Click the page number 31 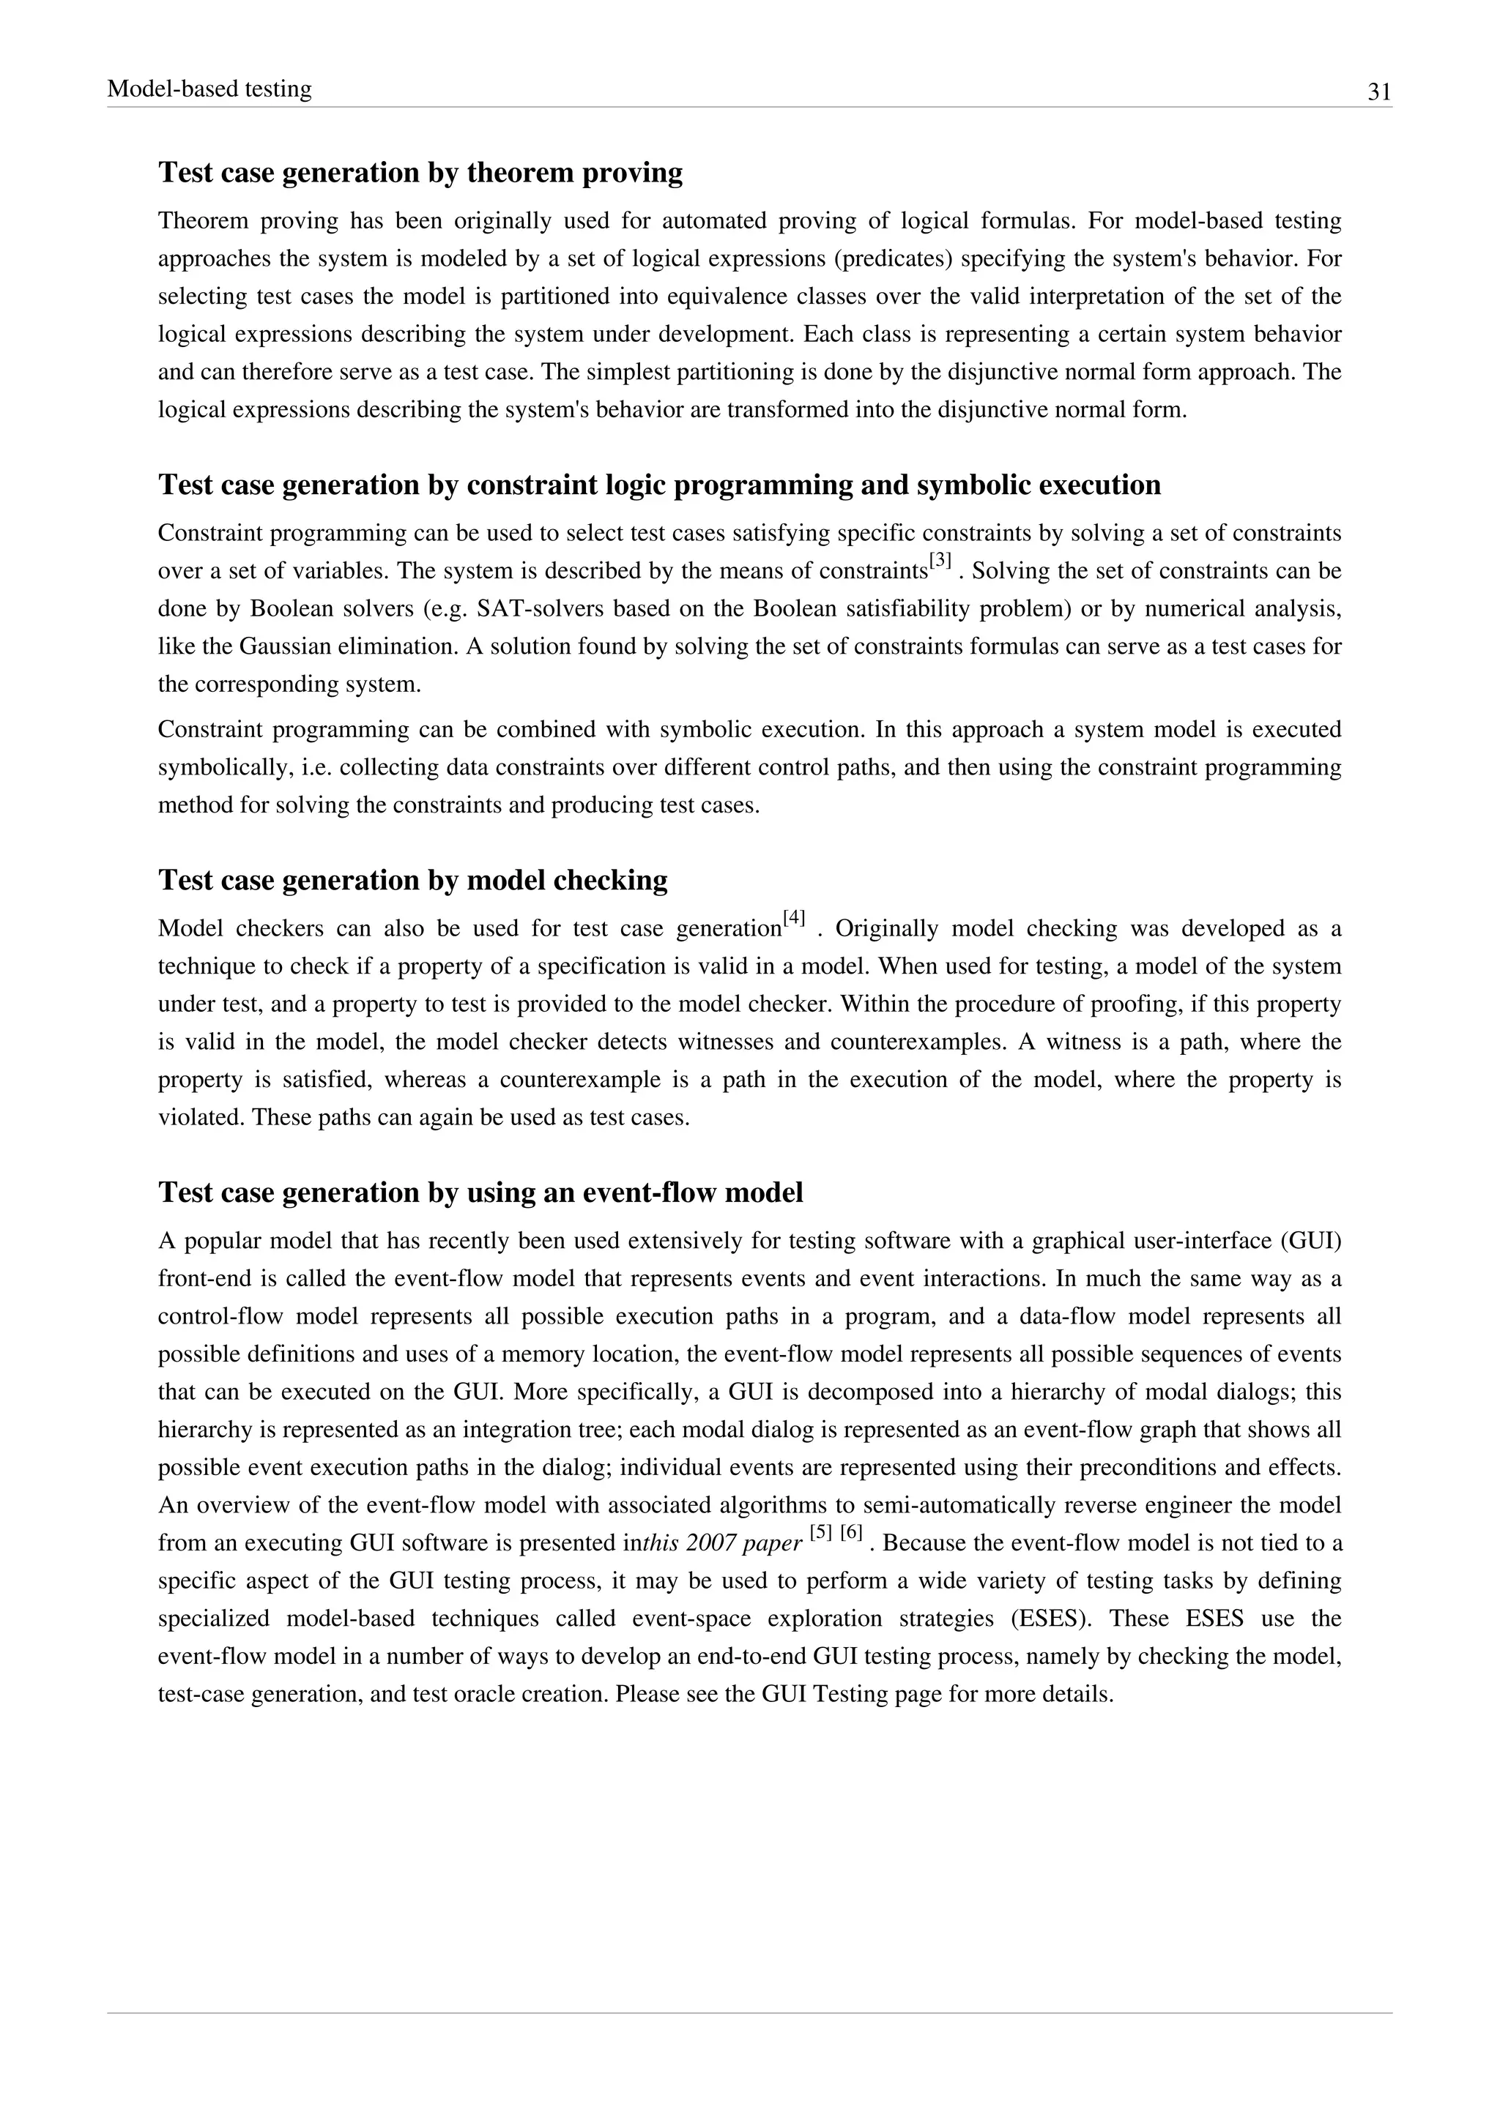1379,92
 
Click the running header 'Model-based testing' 209,89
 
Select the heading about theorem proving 420,173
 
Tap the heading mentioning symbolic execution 658,485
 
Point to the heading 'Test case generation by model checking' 413,880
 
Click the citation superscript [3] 940,561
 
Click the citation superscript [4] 793,919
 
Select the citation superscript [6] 850,1533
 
